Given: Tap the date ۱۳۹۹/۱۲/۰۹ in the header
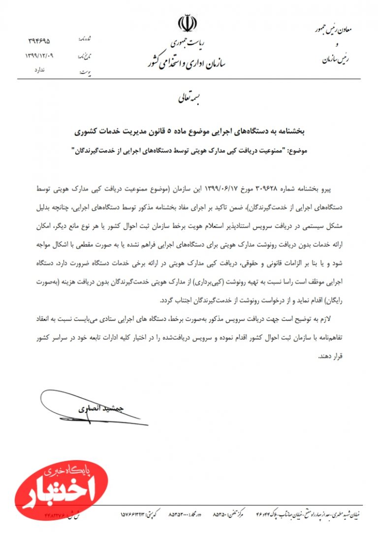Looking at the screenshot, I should point(39,56).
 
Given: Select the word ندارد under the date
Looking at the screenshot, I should point(39,70).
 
